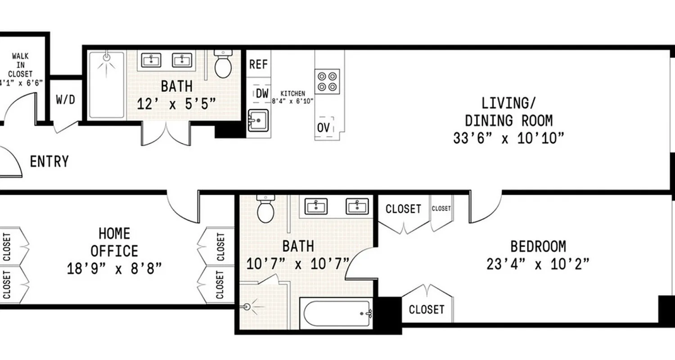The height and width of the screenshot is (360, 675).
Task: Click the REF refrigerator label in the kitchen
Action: coord(258,64)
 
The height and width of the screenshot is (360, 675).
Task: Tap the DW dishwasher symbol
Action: coord(262,94)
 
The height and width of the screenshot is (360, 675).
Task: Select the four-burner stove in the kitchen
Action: coord(327,81)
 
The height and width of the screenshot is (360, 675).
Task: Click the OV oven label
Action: coord(323,127)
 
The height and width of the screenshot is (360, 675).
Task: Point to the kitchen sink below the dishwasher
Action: coord(258,120)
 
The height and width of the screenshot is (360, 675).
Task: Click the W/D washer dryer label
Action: coord(65,100)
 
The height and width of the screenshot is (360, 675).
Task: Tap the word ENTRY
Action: coord(49,162)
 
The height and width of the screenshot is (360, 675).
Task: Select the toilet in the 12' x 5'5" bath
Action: coord(223,64)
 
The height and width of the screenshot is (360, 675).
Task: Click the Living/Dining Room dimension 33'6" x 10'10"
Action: coord(508,138)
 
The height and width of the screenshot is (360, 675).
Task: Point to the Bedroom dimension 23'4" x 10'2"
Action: coord(538,264)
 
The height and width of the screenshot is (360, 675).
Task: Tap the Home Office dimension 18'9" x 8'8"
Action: coord(114,269)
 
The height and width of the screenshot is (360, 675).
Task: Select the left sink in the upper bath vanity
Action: coord(151,60)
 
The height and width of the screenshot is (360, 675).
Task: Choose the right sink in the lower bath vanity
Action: coord(357,206)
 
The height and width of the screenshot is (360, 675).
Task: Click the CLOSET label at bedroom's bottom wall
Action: coord(426,310)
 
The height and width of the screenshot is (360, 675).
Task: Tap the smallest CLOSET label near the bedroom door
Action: coord(441,208)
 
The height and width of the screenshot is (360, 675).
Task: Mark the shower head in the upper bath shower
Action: coord(107,57)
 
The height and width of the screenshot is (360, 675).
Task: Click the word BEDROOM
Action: coord(538,247)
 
